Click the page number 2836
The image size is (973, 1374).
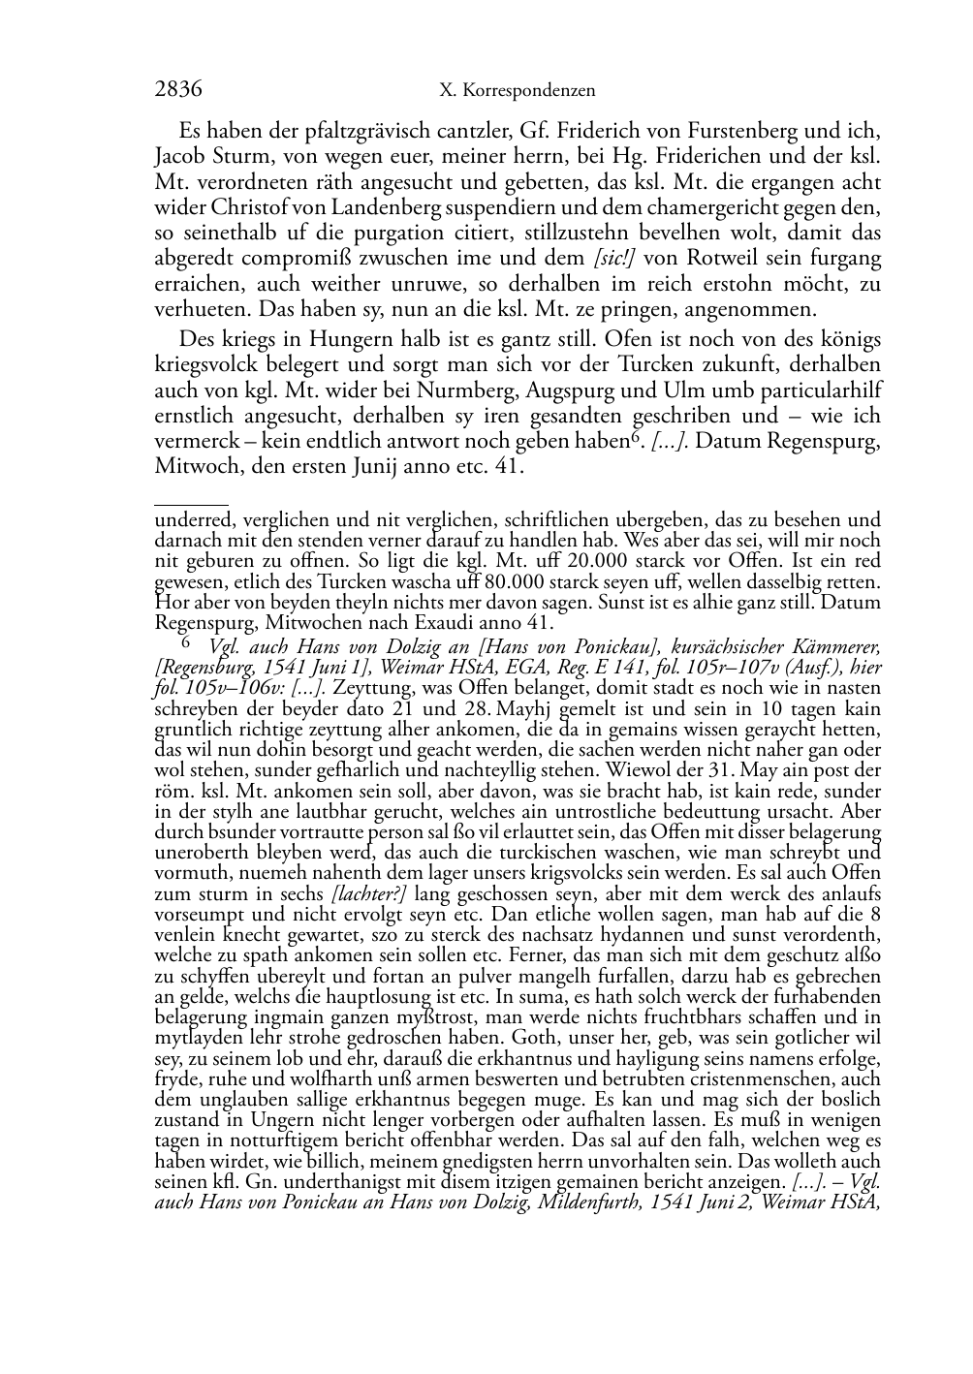click(x=178, y=90)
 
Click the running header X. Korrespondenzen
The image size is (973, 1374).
click(x=517, y=91)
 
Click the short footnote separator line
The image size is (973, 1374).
click(x=191, y=504)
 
